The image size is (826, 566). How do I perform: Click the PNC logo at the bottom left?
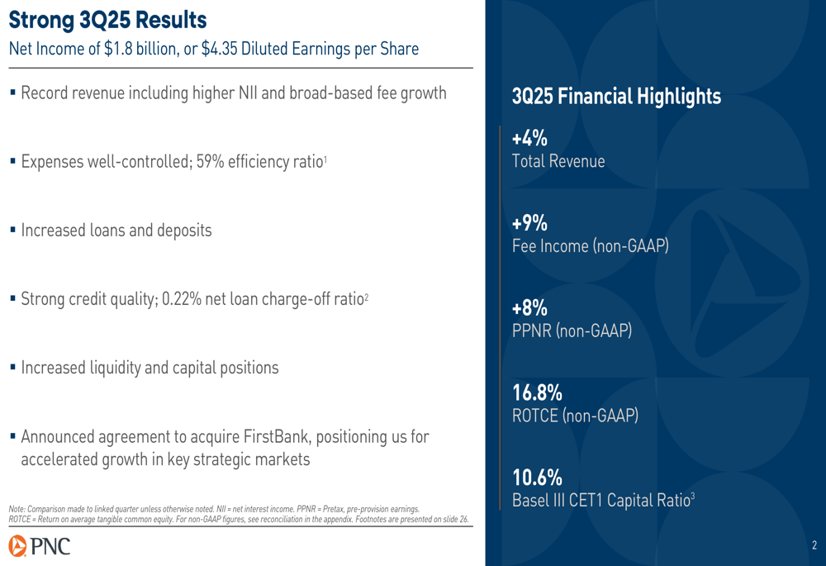point(40,546)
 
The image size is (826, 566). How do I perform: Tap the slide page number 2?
point(814,545)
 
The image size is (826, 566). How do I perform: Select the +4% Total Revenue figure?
point(529,138)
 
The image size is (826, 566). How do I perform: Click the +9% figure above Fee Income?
point(529,223)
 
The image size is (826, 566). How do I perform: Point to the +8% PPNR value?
point(529,307)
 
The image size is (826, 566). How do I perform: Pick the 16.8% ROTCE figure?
point(538,392)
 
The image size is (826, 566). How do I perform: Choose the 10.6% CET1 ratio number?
point(538,478)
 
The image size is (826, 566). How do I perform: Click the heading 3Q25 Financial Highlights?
point(616,97)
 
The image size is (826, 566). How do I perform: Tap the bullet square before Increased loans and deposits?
point(12,231)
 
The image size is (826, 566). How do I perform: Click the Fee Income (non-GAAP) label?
point(591,246)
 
